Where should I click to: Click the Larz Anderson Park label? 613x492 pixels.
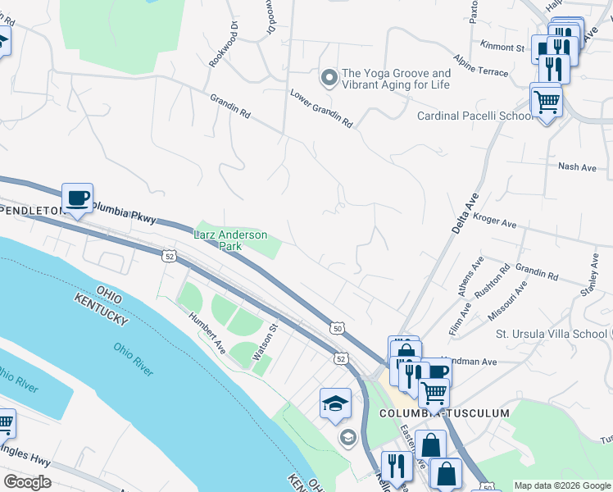point(230,240)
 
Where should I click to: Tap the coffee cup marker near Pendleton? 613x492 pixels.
point(77,198)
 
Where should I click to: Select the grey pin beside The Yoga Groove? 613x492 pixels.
point(329,79)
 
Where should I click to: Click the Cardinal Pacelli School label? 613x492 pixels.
point(475,116)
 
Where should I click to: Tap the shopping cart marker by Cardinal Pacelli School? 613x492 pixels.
point(546,102)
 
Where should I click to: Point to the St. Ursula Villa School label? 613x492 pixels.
point(551,334)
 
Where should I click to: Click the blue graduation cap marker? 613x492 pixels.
point(335,403)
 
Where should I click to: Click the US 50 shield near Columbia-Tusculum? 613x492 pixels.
point(337,328)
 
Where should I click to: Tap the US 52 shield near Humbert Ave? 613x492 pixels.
point(169,257)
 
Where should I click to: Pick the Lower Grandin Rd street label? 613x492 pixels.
point(320,108)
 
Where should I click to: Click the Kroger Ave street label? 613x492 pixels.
point(494,220)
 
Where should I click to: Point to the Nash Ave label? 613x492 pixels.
point(577,166)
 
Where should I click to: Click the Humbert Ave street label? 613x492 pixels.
point(207,333)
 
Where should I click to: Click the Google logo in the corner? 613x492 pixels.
point(27,482)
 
